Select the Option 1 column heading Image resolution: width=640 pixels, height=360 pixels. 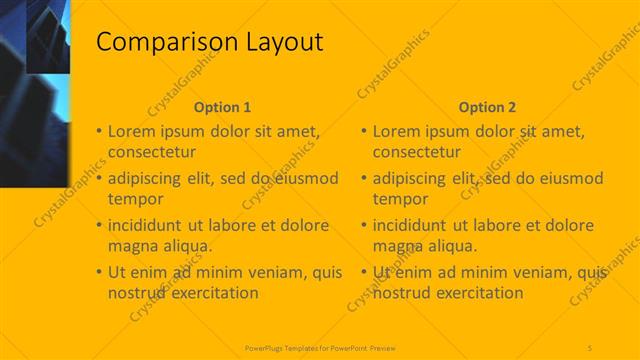[222, 107]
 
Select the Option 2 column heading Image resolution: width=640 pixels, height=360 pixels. [488, 107]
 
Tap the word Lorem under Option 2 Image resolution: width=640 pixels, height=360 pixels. [397, 131]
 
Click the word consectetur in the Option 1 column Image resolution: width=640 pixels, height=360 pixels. [152, 152]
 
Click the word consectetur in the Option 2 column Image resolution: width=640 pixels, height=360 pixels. [418, 152]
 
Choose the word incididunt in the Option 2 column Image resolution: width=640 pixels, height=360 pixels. [415, 225]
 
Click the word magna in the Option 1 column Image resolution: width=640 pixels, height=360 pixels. [132, 246]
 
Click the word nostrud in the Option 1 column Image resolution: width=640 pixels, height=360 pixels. [138, 293]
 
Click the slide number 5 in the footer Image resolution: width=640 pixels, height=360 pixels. [590, 346]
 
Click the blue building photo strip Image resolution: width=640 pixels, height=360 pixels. [35, 90]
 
